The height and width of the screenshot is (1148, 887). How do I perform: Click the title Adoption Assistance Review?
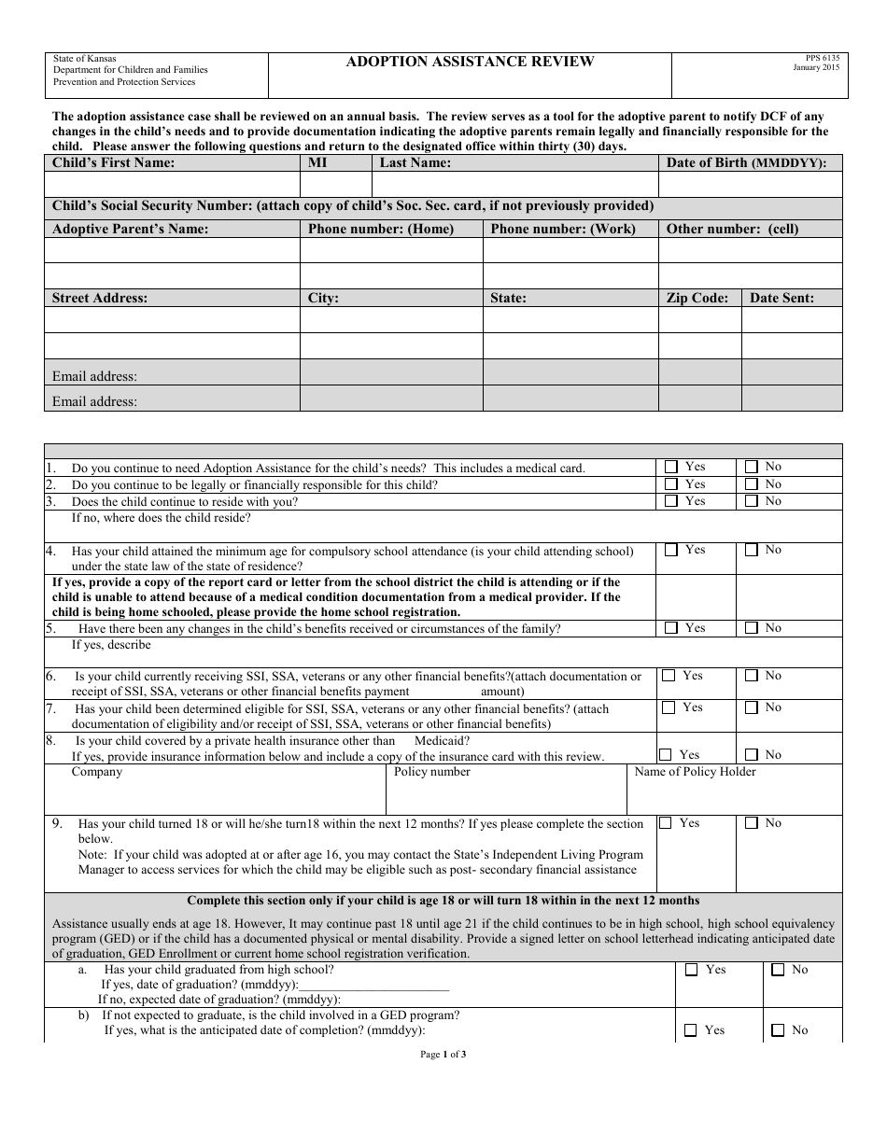(x=470, y=62)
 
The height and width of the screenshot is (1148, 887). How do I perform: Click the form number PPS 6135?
(x=815, y=58)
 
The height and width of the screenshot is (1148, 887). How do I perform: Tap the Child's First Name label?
(x=113, y=162)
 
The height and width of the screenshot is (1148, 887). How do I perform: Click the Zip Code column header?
(x=697, y=299)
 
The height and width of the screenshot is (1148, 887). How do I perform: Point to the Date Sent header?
(x=781, y=299)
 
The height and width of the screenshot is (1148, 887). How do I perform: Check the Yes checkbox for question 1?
(x=671, y=467)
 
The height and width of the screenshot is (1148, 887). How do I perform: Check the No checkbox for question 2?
(x=752, y=484)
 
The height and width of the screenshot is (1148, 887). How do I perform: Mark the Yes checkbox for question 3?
(x=671, y=501)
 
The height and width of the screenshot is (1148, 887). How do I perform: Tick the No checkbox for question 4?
(x=752, y=550)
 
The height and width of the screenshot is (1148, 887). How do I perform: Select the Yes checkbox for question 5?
(x=671, y=628)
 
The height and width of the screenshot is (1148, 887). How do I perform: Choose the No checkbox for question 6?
(x=752, y=676)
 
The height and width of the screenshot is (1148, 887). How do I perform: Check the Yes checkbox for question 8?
(x=666, y=754)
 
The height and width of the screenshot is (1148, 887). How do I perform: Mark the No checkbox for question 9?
(x=752, y=823)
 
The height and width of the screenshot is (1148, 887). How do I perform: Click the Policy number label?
(x=431, y=772)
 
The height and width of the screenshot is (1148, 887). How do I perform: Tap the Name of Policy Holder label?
(x=695, y=772)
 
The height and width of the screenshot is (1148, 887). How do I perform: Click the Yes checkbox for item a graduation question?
(x=692, y=970)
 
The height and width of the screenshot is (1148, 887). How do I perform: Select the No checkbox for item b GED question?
(x=778, y=1030)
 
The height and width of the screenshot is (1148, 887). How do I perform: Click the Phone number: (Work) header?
(x=563, y=229)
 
